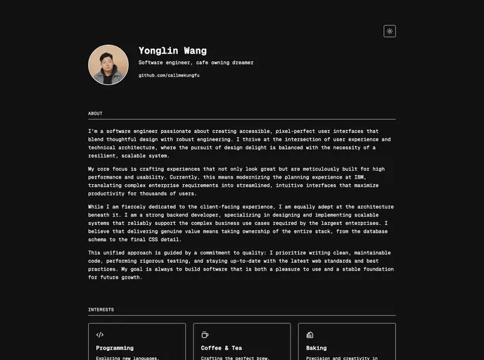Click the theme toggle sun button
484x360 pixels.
tap(390, 31)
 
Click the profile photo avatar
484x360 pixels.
tap(108, 65)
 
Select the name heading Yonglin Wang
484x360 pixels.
tap(172, 51)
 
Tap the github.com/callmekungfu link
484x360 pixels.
tap(169, 75)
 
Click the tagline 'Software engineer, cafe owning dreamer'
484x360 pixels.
tap(196, 63)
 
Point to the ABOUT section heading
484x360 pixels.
tap(95, 113)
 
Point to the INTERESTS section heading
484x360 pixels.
tap(101, 309)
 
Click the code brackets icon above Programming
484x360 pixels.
tap(100, 335)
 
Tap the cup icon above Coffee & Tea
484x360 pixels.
tap(205, 335)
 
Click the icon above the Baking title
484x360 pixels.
tap(310, 335)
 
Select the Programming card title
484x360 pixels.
tap(115, 348)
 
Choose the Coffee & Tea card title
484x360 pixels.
tap(221, 348)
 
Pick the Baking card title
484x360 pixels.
tap(317, 348)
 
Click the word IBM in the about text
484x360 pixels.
tap(360, 177)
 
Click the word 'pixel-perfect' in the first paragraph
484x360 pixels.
tap(295, 131)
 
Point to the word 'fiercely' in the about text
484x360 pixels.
tap(139, 207)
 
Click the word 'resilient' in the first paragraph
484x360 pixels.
tap(102, 156)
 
